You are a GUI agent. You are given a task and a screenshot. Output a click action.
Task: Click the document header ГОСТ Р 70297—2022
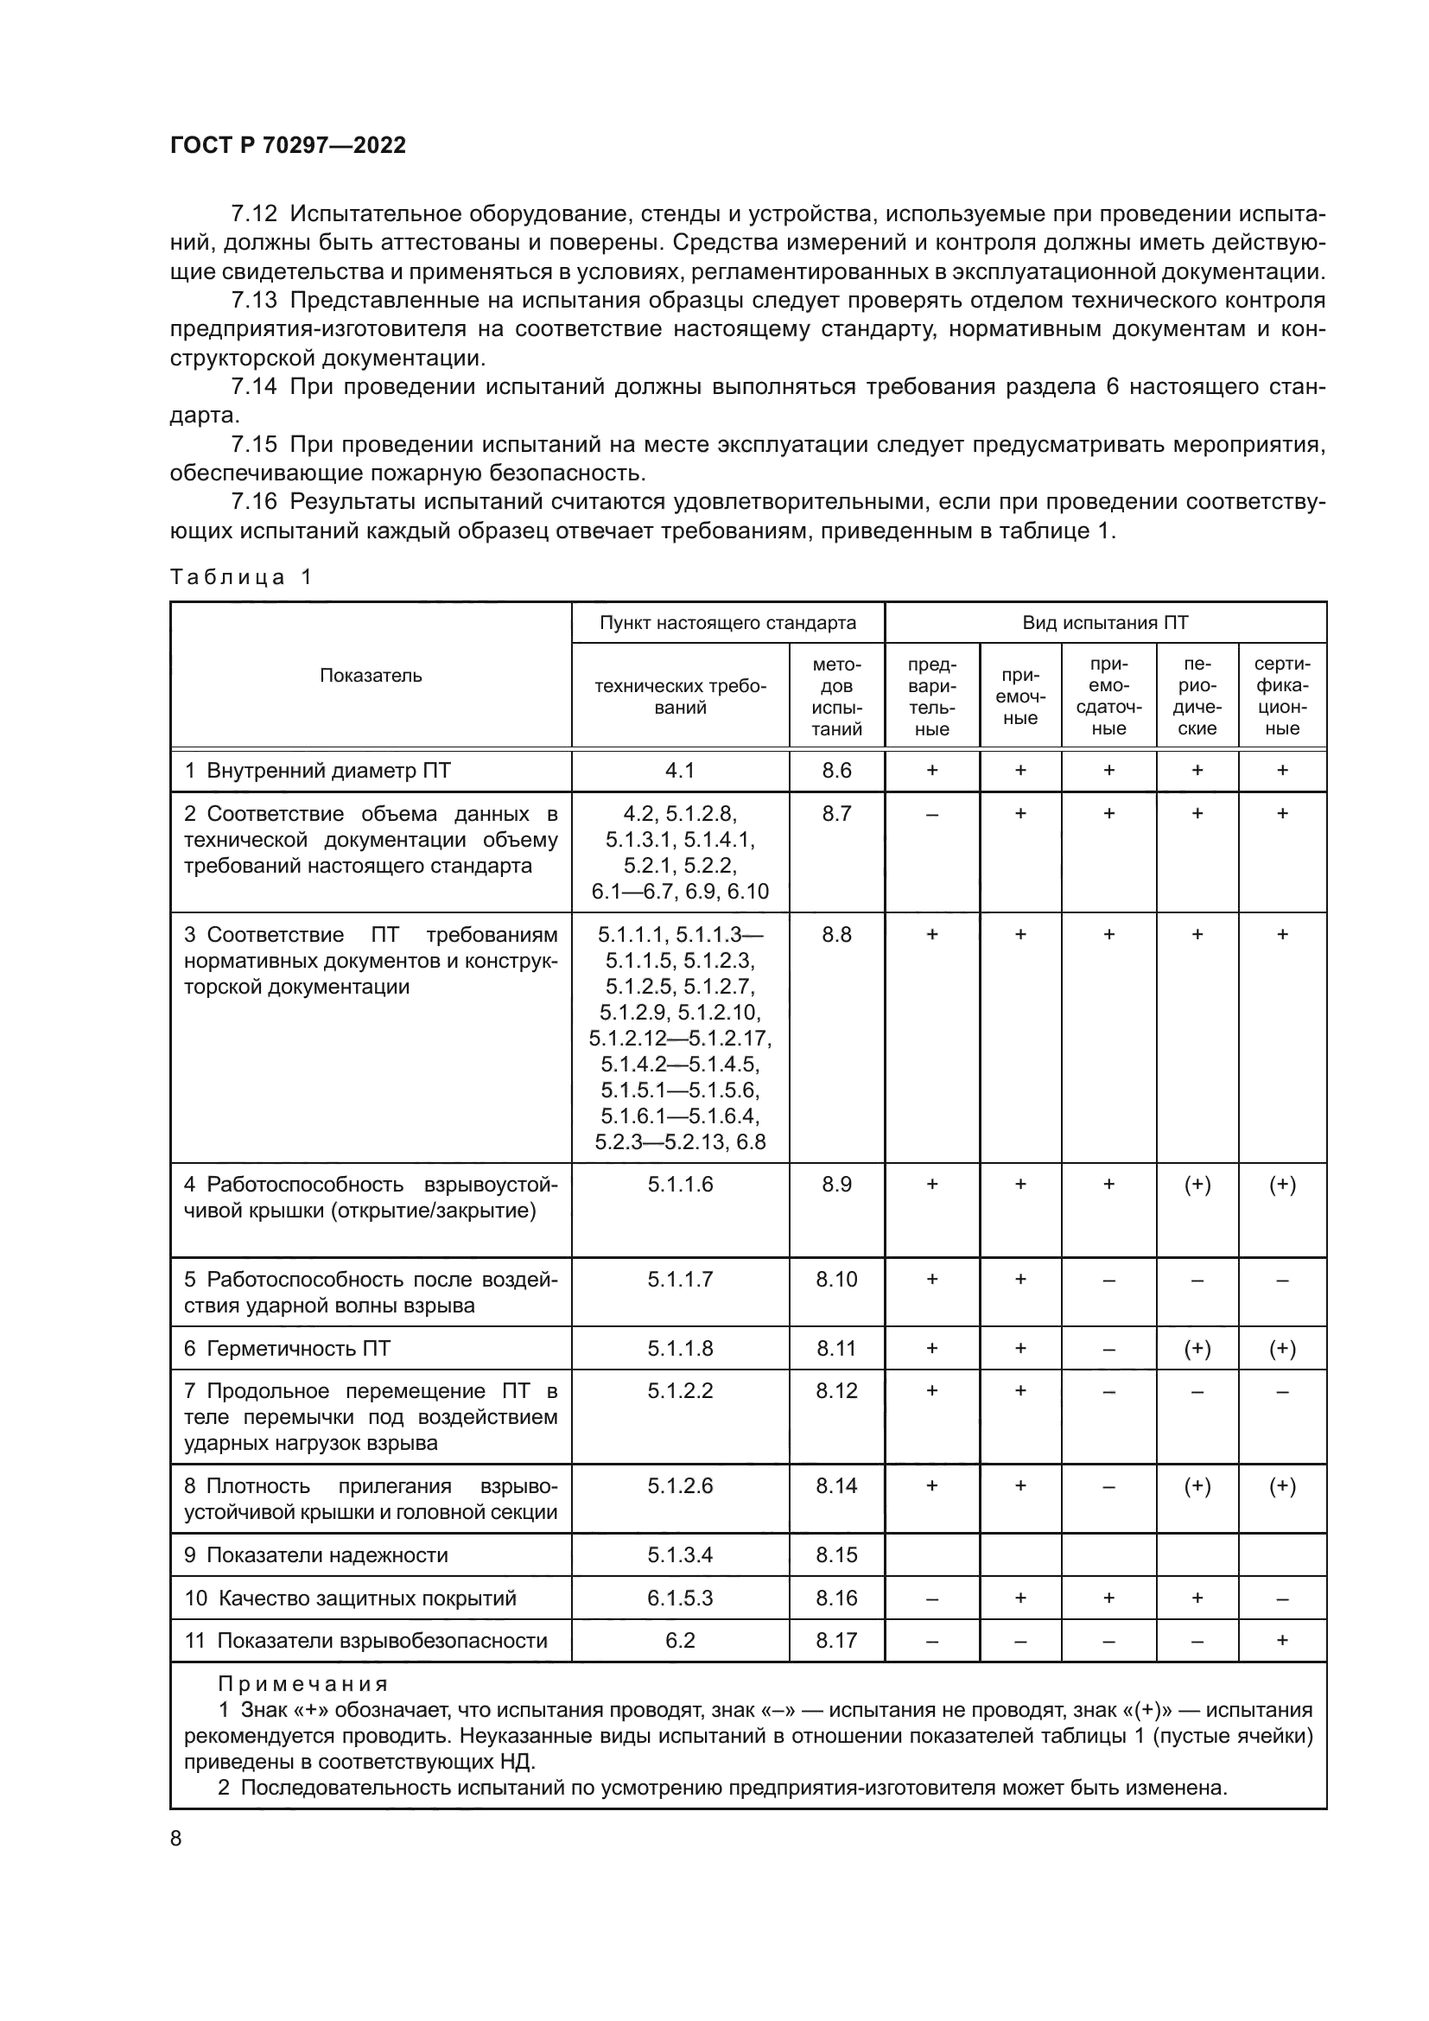click(x=288, y=146)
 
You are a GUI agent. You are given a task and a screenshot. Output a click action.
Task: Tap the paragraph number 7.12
click(x=253, y=214)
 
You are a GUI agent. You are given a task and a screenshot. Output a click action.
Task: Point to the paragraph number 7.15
click(x=253, y=444)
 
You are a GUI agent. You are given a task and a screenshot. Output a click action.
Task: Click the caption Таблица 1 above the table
click(x=241, y=577)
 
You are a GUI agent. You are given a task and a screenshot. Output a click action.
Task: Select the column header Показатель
click(x=371, y=675)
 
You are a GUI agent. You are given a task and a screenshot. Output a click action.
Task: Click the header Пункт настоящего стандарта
click(x=727, y=623)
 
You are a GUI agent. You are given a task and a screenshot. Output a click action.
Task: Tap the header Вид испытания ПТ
click(x=1104, y=623)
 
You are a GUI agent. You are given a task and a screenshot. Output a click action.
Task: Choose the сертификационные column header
click(x=1281, y=696)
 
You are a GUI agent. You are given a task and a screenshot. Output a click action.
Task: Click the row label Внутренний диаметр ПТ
click(x=328, y=771)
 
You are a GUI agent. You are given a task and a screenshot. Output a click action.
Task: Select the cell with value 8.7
click(x=836, y=813)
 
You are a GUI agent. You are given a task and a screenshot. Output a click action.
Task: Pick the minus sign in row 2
click(x=932, y=814)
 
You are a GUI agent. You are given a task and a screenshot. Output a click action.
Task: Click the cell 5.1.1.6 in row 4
click(x=680, y=1185)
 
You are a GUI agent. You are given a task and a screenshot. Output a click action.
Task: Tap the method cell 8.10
click(x=836, y=1279)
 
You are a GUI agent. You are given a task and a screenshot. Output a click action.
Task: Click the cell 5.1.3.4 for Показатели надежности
click(x=680, y=1554)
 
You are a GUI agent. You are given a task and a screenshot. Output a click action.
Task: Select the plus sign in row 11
click(x=1282, y=1640)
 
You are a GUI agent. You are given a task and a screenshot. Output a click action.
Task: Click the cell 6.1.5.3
click(x=680, y=1598)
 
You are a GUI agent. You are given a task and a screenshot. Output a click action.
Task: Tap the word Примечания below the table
click(x=302, y=1684)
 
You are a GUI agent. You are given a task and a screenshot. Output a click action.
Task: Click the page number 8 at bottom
click(x=176, y=1838)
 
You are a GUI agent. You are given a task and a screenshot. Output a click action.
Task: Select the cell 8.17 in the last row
click(x=836, y=1640)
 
